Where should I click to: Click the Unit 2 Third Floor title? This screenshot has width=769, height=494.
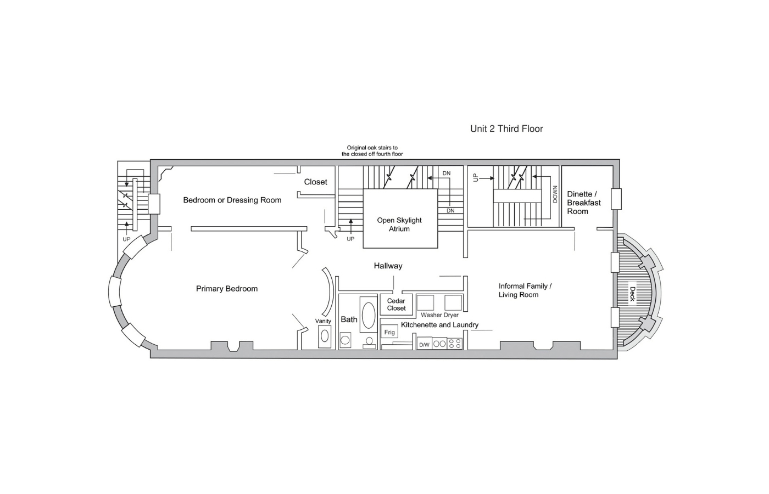pos(506,128)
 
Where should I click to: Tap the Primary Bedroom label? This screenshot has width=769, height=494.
pos(226,289)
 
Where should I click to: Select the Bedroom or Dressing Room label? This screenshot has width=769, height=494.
pos(232,200)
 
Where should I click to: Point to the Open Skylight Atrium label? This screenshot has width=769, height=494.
pos(399,224)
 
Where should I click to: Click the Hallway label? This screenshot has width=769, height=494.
pos(388,266)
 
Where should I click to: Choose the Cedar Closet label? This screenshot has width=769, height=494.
pos(396,305)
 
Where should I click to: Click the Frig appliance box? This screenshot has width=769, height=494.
pos(389,332)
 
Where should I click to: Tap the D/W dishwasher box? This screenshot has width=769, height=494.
pos(424,344)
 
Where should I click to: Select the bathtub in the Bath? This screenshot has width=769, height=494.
pos(369,315)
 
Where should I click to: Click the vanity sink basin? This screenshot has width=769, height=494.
pos(325,336)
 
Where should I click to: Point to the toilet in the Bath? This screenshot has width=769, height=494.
pos(369,343)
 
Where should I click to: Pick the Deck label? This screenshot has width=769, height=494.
pos(632,294)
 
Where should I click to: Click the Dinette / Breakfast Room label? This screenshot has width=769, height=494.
pos(583,203)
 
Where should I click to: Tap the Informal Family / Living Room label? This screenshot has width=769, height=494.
pos(525,290)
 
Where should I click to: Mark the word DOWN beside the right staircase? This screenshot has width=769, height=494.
pos(555,194)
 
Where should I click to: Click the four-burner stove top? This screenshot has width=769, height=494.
pos(455,344)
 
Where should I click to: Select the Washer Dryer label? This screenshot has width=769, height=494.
pos(439,315)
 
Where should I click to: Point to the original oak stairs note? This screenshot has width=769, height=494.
pos(372,151)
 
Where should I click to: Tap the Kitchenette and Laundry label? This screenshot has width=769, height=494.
pos(439,325)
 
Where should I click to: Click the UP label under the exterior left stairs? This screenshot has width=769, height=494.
pos(126,239)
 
